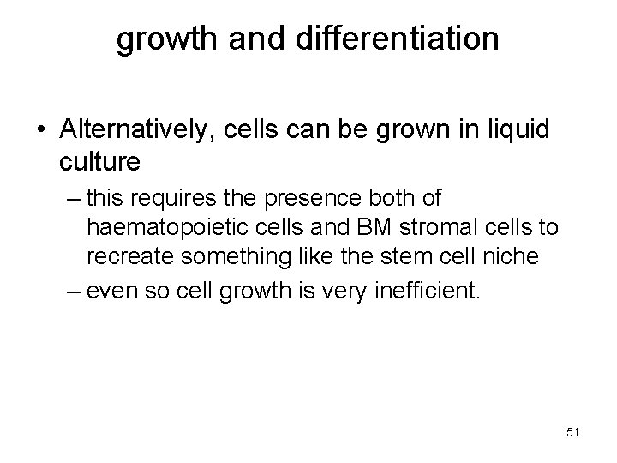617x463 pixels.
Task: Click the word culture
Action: tap(101, 159)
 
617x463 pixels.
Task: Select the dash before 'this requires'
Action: tap(75, 200)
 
